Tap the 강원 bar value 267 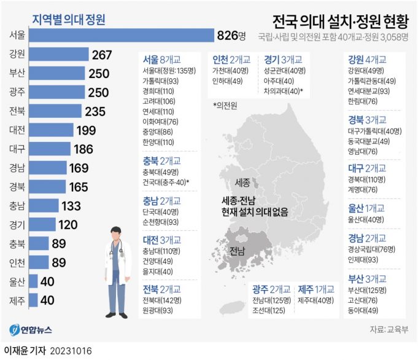click(x=102, y=55)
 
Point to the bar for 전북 click(x=55, y=111)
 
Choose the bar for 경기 click(x=42, y=224)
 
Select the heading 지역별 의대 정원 click(x=68, y=20)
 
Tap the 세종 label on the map click(x=242, y=183)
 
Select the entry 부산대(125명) click(x=367, y=291)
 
